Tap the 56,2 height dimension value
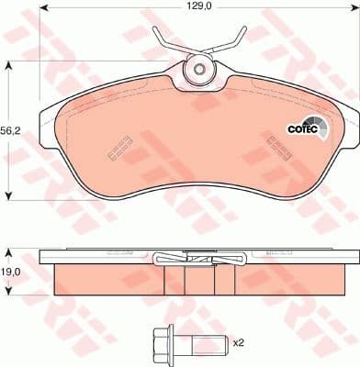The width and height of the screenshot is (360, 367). pos(12,129)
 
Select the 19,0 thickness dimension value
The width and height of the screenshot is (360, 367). pos(12,271)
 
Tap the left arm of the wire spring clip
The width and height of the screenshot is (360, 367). pos(166,39)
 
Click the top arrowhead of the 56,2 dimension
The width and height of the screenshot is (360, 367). pos(9,64)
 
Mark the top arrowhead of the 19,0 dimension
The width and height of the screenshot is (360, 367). pos(9,250)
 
